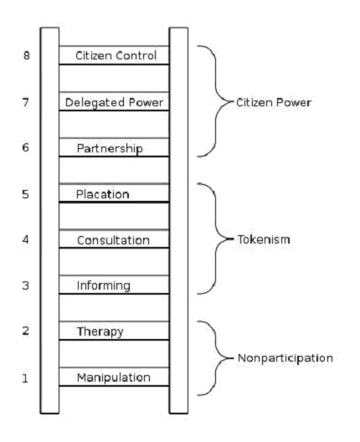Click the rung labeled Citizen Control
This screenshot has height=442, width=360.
tap(116, 55)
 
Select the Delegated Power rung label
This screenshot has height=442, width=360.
tap(114, 102)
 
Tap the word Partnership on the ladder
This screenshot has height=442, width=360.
tap(110, 148)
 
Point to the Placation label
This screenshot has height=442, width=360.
tap(103, 194)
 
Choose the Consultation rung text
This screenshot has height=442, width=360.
tap(113, 240)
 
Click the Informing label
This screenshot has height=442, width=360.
tap(104, 285)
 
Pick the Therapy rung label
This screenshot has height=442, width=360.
tap(100, 331)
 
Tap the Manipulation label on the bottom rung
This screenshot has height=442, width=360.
tap(114, 378)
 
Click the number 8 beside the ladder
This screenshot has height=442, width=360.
tap(27, 55)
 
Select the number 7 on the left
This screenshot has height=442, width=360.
tap(26, 102)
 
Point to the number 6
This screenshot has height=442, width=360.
tap(26, 147)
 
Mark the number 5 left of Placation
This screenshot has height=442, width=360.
tap(26, 194)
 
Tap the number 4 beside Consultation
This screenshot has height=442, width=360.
tap(26, 239)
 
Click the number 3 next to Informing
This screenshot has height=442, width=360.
tap(26, 285)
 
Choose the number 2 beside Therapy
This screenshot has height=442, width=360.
tap(26, 331)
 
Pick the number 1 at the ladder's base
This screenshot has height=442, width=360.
tap(25, 378)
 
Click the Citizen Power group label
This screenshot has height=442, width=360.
tap(274, 102)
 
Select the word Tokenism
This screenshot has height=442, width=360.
tap(264, 239)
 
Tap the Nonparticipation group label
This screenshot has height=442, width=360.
tap(285, 358)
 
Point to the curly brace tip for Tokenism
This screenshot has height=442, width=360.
tap(233, 239)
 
